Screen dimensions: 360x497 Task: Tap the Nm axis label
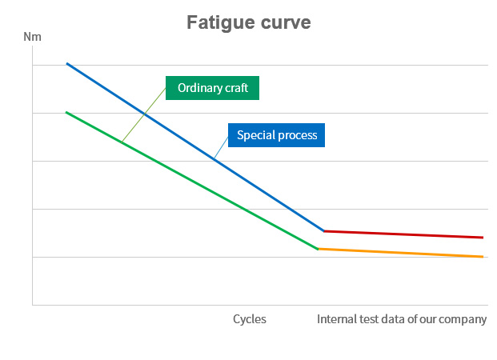tap(32, 37)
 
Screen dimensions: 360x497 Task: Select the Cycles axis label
tap(250, 319)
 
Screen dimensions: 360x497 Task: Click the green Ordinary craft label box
tap(213, 88)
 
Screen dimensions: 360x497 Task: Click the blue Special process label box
tap(277, 135)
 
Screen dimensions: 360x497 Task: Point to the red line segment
tap(400, 234)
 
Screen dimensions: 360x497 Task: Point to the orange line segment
tap(400, 253)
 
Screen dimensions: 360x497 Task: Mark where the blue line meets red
tap(324, 231)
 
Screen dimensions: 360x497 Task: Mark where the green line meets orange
tap(319, 249)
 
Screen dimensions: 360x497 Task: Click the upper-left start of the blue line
tap(66, 63)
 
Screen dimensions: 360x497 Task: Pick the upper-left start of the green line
tap(66, 112)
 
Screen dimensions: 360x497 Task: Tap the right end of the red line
tap(483, 238)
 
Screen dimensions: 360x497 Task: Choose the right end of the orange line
tap(483, 257)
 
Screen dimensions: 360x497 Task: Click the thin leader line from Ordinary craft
tap(144, 114)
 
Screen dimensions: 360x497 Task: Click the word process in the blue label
tap(298, 135)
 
